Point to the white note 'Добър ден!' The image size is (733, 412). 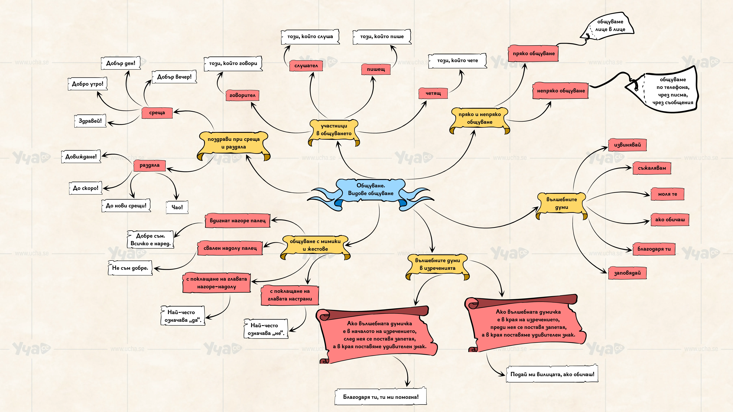[x=121, y=63]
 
